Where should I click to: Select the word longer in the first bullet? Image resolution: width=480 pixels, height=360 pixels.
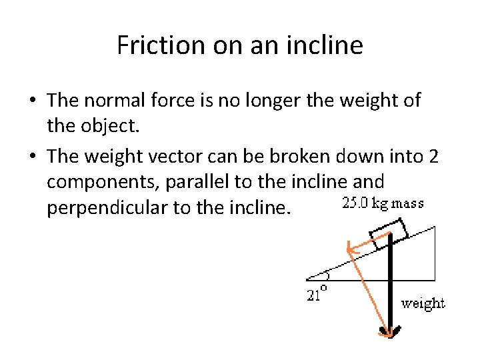coord(261,101)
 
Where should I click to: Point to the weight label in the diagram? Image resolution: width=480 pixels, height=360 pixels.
coord(423,303)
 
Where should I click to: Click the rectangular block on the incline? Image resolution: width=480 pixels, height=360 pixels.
coord(388,235)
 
